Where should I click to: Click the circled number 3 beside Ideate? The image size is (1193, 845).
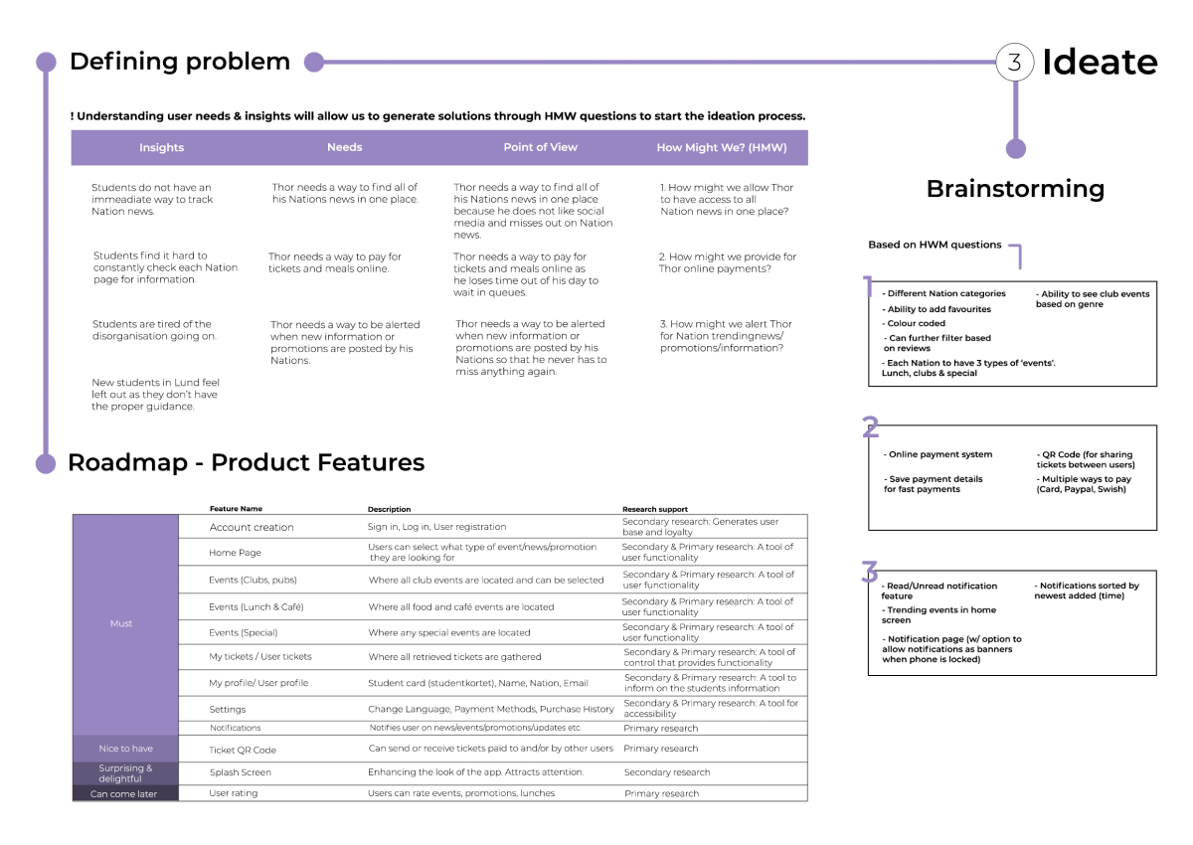point(1014,63)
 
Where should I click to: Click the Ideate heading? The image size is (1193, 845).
point(1100,63)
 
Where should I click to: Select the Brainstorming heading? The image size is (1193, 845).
point(1015,189)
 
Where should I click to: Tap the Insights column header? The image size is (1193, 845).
point(161,148)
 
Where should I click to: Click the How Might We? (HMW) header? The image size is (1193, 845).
point(721,148)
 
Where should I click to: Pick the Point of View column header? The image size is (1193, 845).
point(540,147)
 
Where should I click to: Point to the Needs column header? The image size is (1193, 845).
point(344,147)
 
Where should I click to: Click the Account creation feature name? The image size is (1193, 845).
point(252,527)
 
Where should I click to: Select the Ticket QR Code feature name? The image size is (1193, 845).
point(243,750)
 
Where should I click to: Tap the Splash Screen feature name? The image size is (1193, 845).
point(240,772)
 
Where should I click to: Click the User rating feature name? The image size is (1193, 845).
point(233,793)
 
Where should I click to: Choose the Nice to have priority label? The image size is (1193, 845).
point(125,749)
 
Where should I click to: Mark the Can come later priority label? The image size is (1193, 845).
point(123,794)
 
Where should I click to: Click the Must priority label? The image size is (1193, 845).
point(121,624)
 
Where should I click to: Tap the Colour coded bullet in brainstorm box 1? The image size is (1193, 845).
point(916,324)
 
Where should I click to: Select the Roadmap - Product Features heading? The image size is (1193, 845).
point(246,462)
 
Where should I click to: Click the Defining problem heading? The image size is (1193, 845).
point(180,62)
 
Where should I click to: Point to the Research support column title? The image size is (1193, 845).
point(654,509)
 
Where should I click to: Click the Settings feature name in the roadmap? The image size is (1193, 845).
point(227,710)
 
